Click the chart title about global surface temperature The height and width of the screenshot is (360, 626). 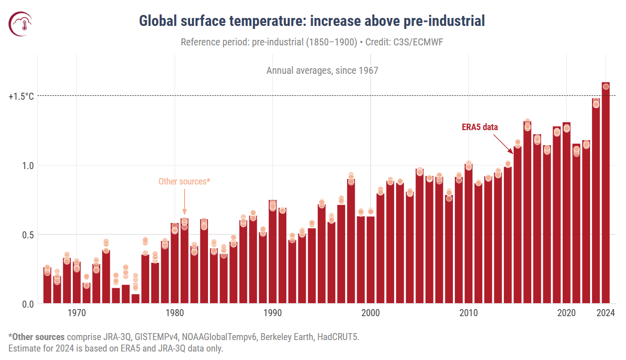[312, 21]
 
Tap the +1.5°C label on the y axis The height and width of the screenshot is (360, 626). [21, 96]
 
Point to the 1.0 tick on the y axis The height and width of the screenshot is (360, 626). [27, 166]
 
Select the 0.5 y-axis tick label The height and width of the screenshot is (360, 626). [27, 235]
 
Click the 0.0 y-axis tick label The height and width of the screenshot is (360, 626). [27, 304]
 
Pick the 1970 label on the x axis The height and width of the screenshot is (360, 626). [76, 314]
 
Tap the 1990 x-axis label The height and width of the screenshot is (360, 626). [272, 314]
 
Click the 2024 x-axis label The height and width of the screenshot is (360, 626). [606, 314]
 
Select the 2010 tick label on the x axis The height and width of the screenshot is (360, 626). [468, 314]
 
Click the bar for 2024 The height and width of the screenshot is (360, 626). [606, 199]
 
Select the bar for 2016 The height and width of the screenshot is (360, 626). [527, 214]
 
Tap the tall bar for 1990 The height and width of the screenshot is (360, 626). [272, 254]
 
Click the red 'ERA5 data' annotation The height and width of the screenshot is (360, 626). [480, 127]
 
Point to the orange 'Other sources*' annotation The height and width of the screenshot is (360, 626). [184, 181]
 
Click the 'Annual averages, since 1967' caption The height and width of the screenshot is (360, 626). [322, 70]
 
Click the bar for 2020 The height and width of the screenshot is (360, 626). [566, 214]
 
